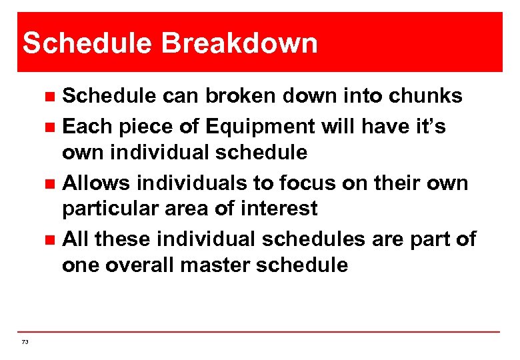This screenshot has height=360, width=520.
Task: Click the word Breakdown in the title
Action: click(x=240, y=43)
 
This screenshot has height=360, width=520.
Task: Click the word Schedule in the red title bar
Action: click(x=89, y=43)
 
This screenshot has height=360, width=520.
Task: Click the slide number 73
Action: click(x=25, y=341)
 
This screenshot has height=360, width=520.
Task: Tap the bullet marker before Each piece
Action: click(x=49, y=126)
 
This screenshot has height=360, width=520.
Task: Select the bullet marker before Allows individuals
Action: click(x=49, y=183)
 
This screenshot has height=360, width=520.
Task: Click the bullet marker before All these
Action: click(x=49, y=239)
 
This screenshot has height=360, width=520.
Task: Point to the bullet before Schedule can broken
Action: click(x=49, y=97)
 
